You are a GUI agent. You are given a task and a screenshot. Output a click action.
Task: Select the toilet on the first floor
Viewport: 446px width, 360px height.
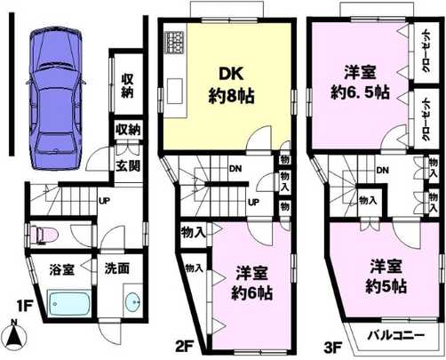tap(45, 235)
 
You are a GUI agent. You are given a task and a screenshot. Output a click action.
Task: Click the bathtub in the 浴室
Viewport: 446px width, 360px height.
tap(66, 305)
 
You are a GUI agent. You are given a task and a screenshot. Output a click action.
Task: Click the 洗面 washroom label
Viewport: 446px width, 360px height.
tap(117, 268)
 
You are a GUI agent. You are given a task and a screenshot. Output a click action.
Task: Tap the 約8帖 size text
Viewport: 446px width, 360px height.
tap(229, 96)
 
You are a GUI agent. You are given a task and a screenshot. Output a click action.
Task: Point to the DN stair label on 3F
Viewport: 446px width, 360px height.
tap(381, 170)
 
